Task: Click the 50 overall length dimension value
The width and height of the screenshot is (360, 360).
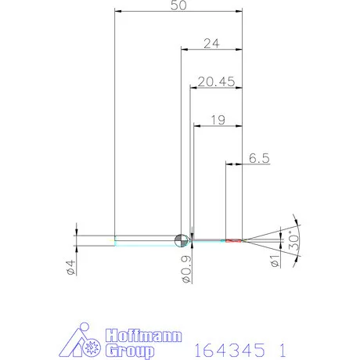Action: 178,5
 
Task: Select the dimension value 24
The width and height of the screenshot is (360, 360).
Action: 211,44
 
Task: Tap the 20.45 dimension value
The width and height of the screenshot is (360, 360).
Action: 216,82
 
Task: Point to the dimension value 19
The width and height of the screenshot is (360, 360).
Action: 218,120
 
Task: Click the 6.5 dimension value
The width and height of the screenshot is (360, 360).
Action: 259,158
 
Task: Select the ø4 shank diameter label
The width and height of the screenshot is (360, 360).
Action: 71,268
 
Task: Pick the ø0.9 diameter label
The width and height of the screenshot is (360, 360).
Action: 186,269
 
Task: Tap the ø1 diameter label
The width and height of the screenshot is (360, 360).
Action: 275,261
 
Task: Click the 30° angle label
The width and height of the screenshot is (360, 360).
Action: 293,240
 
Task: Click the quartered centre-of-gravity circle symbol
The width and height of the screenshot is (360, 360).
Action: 182,240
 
